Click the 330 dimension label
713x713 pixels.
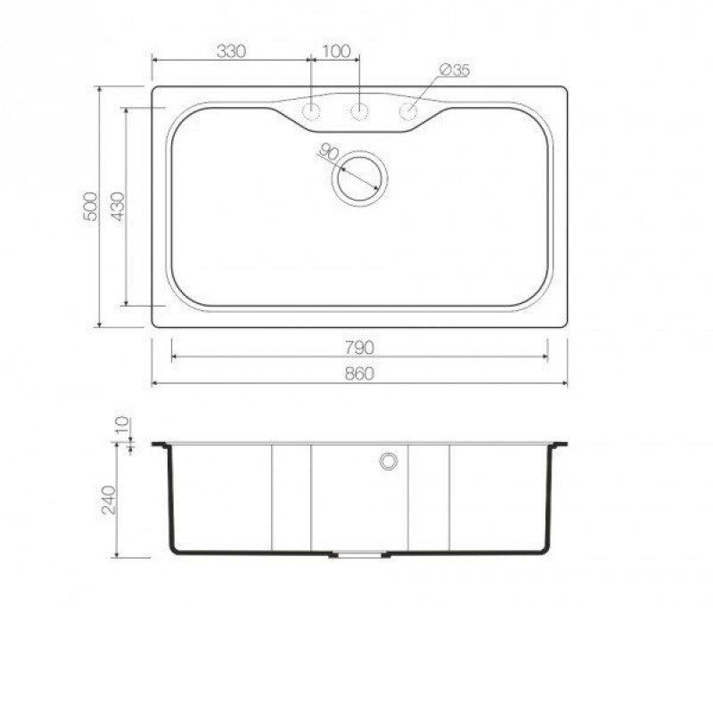click(x=232, y=52)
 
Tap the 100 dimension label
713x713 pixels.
click(x=337, y=52)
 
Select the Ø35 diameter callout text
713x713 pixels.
click(x=455, y=70)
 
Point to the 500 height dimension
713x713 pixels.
click(x=91, y=207)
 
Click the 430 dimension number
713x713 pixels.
click(x=118, y=207)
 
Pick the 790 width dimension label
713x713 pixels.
click(x=359, y=348)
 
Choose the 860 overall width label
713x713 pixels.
click(x=359, y=373)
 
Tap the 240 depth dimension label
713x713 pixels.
click(x=108, y=500)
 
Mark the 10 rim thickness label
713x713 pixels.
click(x=122, y=426)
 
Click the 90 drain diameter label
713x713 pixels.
click(x=328, y=152)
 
